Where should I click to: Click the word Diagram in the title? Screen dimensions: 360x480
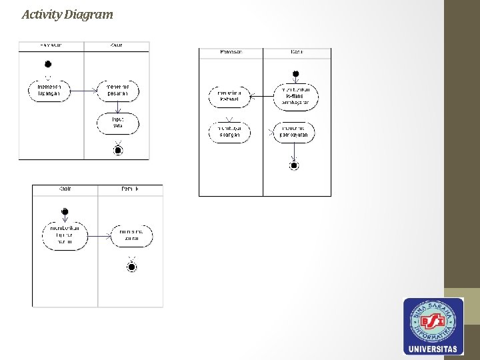point(89,14)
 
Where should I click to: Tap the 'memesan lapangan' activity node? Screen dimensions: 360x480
point(49,90)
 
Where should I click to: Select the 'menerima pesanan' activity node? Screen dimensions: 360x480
point(118,90)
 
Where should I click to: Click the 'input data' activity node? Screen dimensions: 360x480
point(118,122)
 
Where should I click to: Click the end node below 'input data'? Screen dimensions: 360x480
point(119,150)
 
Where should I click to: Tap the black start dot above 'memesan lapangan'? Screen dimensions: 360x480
point(48,64)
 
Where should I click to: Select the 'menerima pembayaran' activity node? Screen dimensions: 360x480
point(294,132)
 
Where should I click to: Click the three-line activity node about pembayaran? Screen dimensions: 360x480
point(296,96)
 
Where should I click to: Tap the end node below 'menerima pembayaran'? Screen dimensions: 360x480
point(294,165)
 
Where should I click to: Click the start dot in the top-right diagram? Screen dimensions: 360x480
point(296,73)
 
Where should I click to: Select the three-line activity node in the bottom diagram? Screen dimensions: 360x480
point(65,236)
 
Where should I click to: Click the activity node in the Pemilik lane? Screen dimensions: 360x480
point(131,235)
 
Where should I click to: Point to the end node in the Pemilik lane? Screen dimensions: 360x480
point(131,267)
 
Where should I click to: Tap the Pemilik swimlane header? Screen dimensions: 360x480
point(130,189)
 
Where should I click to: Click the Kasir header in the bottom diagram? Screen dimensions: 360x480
point(65,189)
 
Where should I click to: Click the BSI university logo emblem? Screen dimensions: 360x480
point(433,321)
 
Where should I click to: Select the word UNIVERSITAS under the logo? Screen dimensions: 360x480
point(433,349)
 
